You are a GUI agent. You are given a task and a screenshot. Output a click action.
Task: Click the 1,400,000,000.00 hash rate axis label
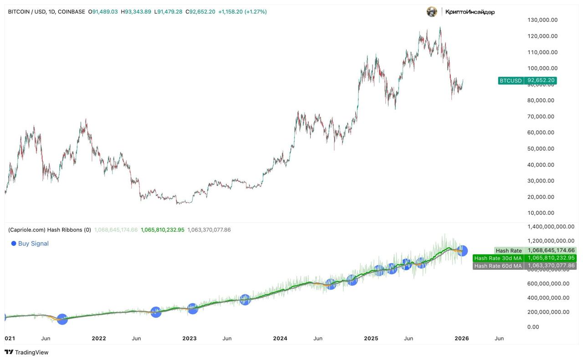(550, 227)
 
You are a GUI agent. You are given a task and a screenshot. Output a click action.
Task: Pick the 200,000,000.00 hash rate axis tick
(548, 312)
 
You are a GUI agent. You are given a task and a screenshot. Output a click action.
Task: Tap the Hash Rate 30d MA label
(498, 258)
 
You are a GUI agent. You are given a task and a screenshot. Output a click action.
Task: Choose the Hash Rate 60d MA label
(498, 266)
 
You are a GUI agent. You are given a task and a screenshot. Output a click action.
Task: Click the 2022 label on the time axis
(99, 339)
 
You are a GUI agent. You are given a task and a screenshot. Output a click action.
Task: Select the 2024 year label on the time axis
(280, 339)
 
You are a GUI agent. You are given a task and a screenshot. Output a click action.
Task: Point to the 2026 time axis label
(462, 339)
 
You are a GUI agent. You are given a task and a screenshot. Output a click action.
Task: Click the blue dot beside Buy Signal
(14, 243)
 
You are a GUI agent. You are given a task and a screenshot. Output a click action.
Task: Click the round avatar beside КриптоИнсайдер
(432, 12)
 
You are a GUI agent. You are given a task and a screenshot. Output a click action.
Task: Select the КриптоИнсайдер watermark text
(470, 12)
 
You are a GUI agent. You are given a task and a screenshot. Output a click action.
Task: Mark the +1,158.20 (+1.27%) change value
(242, 12)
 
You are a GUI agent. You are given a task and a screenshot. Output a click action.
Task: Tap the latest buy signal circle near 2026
(462, 250)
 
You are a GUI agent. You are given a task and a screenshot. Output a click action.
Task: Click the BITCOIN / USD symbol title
(27, 12)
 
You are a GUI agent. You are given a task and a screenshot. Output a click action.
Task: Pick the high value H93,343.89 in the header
(136, 12)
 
